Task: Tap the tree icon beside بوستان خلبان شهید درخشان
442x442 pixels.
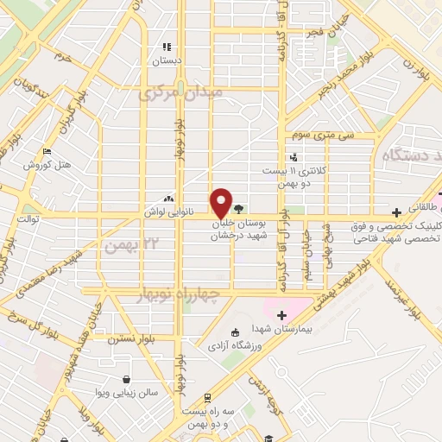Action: [x=239, y=208]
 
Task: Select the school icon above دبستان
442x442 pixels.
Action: [x=166, y=47]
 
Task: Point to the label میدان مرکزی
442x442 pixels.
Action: [x=182, y=92]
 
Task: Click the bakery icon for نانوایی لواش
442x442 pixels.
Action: [x=169, y=198]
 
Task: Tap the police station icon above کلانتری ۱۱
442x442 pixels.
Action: [x=294, y=156]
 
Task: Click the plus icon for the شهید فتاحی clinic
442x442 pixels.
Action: [x=396, y=212]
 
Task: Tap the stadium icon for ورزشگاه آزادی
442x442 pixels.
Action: [x=235, y=332]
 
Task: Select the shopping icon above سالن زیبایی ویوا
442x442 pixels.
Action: [x=127, y=378]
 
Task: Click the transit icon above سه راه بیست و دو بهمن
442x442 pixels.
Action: [x=207, y=398]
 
